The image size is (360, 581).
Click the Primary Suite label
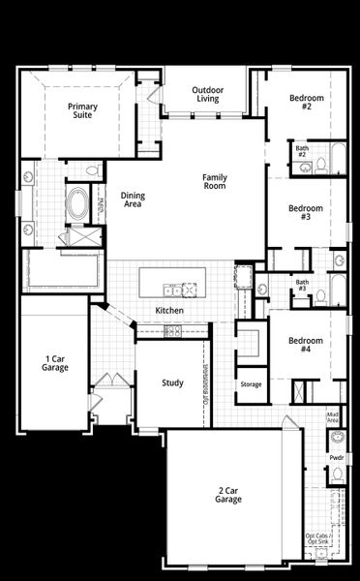[83, 110]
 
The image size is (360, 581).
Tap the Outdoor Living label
[208, 94]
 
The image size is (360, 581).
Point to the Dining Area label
[133, 199]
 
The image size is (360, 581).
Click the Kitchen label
[169, 310]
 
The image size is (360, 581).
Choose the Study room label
[172, 382]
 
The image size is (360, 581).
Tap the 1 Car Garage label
[55, 363]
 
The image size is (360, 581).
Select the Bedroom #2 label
[306, 103]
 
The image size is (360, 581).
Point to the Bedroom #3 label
[306, 212]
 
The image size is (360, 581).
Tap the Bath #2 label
[302, 151]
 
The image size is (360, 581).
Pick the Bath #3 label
[302, 286]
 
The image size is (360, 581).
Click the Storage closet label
[252, 384]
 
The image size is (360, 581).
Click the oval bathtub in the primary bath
[77, 204]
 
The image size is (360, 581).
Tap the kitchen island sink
[173, 288]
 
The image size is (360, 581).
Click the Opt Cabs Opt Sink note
[316, 539]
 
